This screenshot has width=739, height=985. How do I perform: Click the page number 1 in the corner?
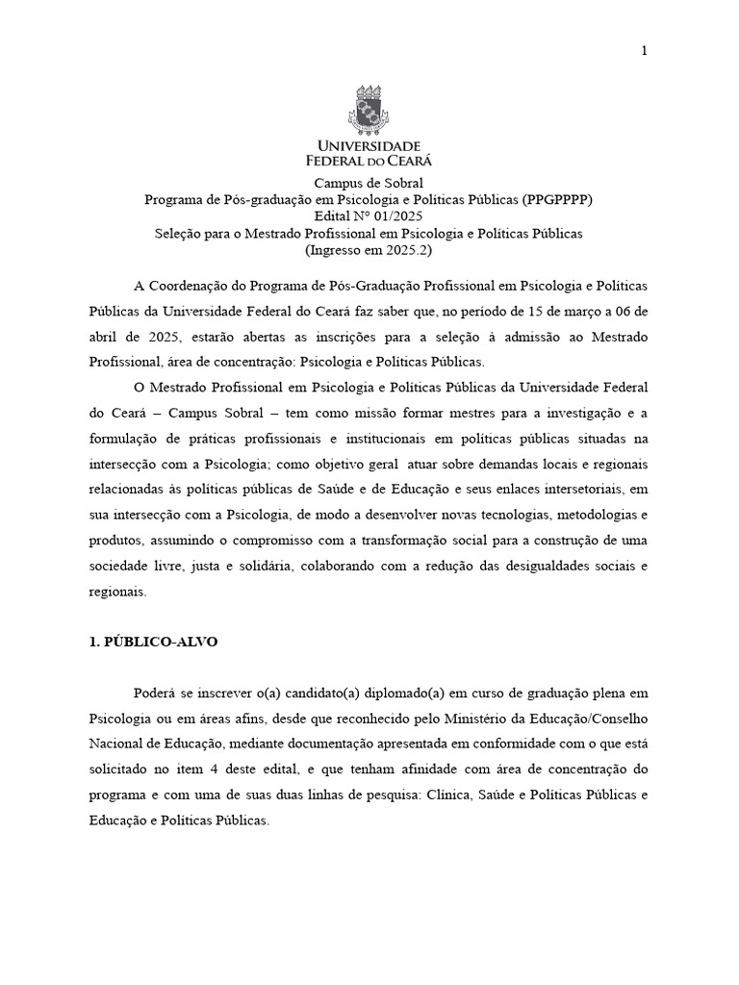(x=644, y=51)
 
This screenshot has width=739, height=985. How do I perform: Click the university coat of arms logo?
(x=369, y=110)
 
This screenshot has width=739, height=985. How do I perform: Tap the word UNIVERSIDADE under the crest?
(x=369, y=144)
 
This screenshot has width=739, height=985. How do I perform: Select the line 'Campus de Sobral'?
(x=369, y=183)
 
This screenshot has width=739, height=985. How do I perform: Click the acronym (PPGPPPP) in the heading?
(x=558, y=199)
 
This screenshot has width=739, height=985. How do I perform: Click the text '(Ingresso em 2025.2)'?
(x=369, y=250)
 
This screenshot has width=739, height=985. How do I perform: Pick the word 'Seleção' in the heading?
(x=178, y=233)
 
